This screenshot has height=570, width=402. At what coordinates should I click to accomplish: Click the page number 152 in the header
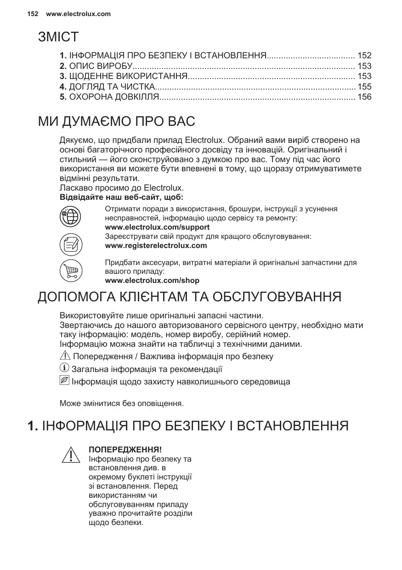(x=32, y=14)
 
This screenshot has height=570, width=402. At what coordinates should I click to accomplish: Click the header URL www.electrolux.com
(x=79, y=14)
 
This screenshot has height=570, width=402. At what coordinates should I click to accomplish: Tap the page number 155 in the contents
(x=364, y=86)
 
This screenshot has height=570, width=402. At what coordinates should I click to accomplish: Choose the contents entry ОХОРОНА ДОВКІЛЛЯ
(x=113, y=97)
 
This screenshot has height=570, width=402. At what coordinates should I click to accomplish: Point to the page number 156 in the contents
(x=364, y=97)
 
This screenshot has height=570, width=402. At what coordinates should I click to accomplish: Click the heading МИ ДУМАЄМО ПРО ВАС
(x=116, y=122)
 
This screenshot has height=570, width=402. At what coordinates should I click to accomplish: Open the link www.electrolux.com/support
(x=157, y=227)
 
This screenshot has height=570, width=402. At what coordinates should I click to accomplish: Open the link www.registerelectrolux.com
(x=156, y=245)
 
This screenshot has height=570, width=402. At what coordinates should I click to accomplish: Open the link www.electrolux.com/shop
(x=152, y=280)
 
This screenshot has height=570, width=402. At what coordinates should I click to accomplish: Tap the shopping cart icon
(x=71, y=271)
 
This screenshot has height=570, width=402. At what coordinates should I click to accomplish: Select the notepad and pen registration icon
(x=71, y=244)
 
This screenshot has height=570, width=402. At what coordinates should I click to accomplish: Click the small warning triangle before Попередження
(x=65, y=356)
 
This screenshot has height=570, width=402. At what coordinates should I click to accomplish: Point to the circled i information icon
(x=65, y=368)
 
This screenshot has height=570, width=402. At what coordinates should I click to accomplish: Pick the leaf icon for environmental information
(x=65, y=381)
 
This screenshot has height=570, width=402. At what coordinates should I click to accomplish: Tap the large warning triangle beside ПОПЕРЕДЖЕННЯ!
(x=70, y=455)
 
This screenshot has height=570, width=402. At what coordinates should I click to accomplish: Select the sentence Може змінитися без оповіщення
(x=122, y=404)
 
